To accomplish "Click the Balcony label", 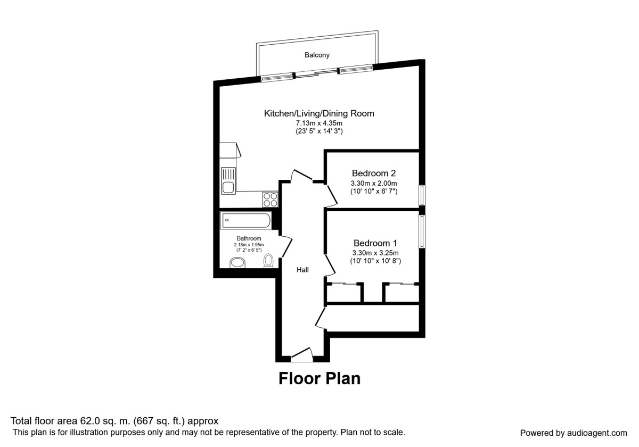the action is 317,55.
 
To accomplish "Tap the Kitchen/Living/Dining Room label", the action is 319,113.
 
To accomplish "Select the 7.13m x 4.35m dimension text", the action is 319,123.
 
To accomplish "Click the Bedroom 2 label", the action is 374,173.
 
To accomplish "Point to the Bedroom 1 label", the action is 375,243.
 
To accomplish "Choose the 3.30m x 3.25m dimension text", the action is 375,253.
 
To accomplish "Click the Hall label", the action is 302,270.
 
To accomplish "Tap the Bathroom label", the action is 249,238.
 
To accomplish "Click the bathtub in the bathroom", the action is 245,220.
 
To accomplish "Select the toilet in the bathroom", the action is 268,261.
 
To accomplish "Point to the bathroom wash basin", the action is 237,263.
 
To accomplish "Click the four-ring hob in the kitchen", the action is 270,199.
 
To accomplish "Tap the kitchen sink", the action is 228,181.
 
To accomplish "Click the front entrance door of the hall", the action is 302,354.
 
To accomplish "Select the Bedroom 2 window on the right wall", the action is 422,195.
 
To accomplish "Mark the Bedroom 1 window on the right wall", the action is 422,231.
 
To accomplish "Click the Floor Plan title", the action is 319,378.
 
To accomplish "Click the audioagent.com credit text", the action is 597,433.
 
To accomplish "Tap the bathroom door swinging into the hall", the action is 286,246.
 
